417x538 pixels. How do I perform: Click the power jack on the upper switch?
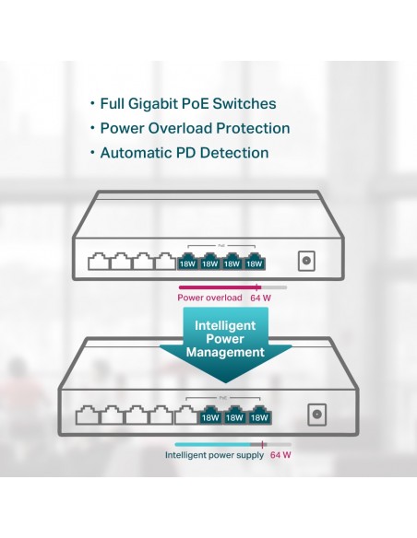pos(306,261)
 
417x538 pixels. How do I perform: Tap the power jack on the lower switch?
pos(316,415)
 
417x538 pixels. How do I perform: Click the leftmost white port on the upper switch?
pos(99,262)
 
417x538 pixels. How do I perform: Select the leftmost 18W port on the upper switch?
pos(187,262)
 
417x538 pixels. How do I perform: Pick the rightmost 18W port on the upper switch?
pos(255,262)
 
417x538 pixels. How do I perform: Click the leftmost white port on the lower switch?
pos(88,415)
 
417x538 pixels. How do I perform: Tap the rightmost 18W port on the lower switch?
pos(259,415)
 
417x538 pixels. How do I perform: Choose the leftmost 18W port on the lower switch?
pos(210,415)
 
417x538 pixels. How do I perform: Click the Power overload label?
pos(209,298)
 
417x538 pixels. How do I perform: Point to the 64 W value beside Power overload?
pos(261,298)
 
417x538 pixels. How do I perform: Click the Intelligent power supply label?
pos(214,455)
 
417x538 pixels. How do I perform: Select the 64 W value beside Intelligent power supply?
pos(280,455)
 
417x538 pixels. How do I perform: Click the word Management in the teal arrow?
pos(225,353)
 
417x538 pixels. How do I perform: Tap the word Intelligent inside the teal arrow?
pos(225,325)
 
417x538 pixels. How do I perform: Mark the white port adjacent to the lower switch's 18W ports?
pos(186,415)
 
